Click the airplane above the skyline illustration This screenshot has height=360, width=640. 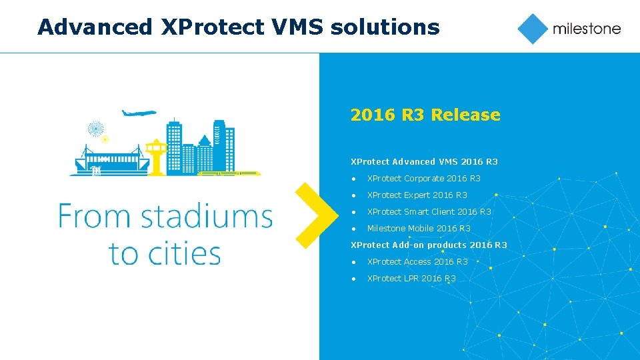[x=139, y=113]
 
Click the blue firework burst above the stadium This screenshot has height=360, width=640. [x=96, y=127]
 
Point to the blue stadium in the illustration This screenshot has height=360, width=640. [x=107, y=161]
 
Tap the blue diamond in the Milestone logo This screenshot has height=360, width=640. [x=533, y=29]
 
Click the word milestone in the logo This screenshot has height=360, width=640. [x=586, y=29]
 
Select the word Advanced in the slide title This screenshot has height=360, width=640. [x=95, y=27]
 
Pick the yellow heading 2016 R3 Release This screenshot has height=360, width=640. [x=425, y=115]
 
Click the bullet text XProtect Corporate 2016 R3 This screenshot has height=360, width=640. [x=423, y=178]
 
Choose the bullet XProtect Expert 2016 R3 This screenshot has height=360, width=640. [x=417, y=195]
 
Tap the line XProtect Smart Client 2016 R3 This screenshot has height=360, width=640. [x=429, y=211]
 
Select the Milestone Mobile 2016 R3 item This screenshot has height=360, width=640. [x=419, y=228]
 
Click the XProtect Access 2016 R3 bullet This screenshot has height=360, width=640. [x=417, y=261]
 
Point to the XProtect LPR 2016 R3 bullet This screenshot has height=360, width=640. [x=411, y=278]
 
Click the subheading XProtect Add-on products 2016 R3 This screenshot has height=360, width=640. [x=429, y=245]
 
